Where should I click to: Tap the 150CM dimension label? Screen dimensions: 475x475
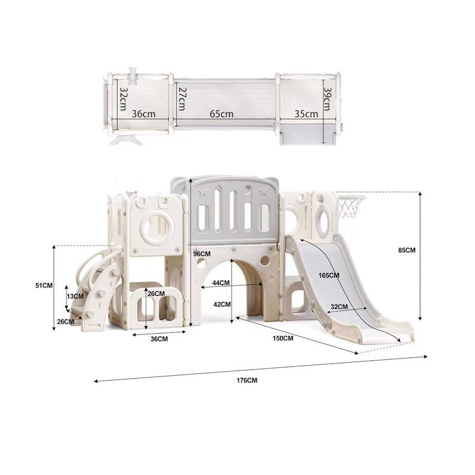283,338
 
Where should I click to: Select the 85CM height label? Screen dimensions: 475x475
407,251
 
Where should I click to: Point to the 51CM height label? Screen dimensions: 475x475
44,286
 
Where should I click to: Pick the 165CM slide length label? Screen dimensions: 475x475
329,275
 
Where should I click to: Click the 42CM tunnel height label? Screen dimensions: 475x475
221,304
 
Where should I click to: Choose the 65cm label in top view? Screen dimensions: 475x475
221,114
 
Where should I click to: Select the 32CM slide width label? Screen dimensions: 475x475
339,307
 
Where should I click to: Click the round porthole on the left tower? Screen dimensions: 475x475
157,225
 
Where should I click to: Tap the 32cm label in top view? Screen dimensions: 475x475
123,97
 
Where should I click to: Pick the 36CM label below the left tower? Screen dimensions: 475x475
159,339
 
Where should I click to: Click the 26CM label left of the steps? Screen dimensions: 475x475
65,321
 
